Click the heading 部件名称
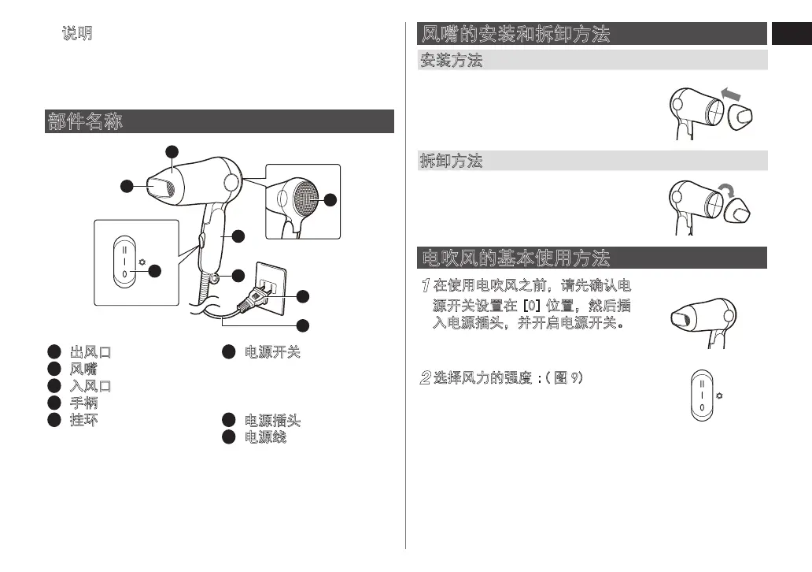pos(85,121)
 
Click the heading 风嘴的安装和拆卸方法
pos(516,34)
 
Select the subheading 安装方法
pos(452,60)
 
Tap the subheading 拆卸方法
pos(452,161)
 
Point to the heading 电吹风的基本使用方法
pos(516,258)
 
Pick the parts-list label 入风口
pos(90,385)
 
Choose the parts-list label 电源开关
pos(272,352)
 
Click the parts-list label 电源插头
pos(272,420)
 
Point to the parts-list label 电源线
pos(265,436)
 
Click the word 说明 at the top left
pos(76,34)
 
